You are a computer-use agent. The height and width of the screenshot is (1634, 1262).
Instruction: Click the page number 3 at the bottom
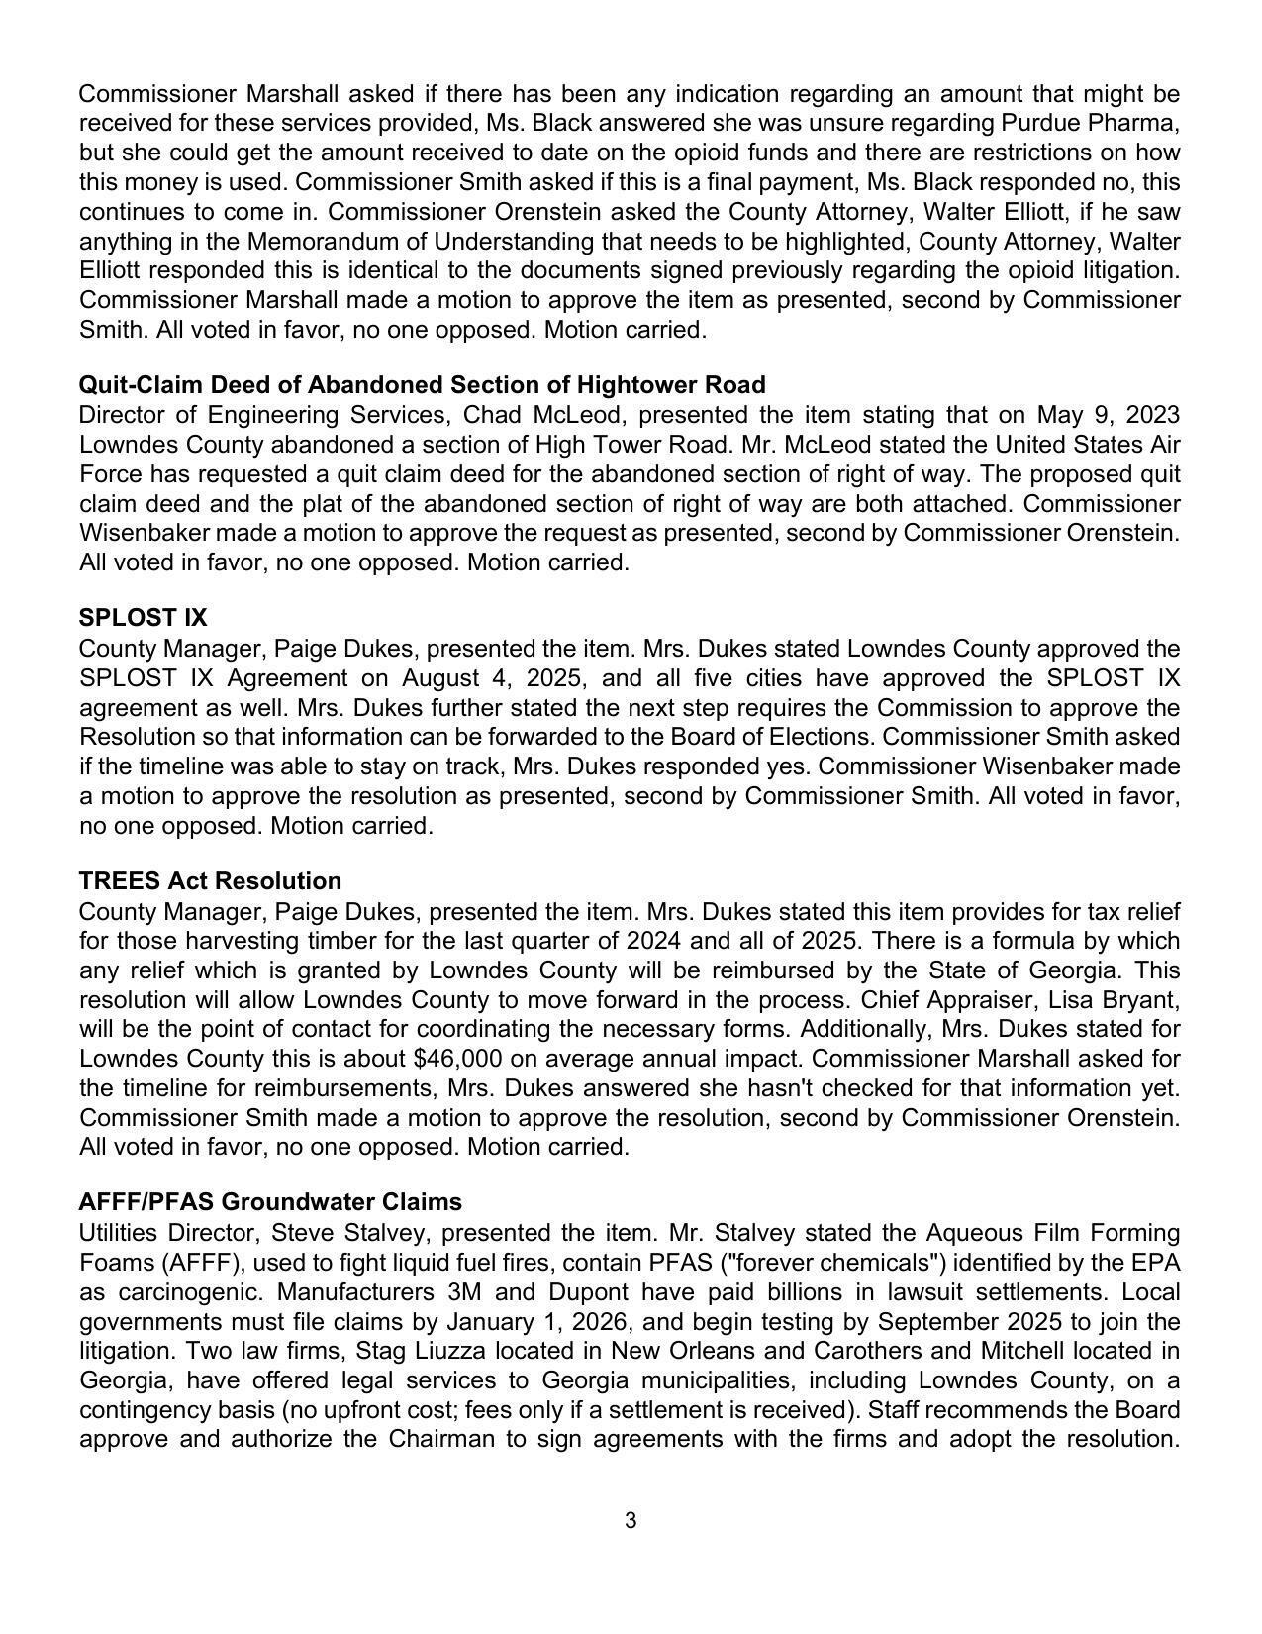coord(631,1521)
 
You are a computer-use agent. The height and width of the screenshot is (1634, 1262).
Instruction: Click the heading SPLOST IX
coord(143,618)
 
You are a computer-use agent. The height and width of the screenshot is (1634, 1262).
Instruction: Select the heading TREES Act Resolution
coord(210,881)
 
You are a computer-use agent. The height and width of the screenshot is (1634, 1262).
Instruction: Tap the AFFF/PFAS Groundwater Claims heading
coord(270,1202)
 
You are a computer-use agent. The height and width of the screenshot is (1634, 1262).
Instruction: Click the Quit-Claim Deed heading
coord(422,384)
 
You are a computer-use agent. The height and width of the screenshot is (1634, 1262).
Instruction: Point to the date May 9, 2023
coord(1108,414)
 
